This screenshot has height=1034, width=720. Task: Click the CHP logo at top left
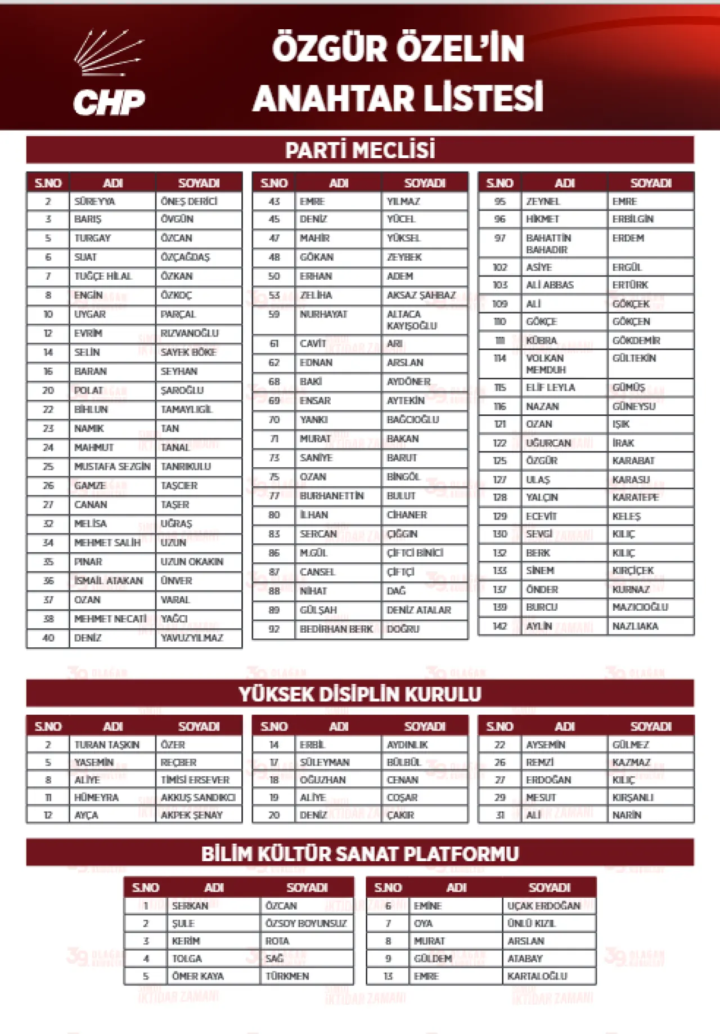tap(110, 73)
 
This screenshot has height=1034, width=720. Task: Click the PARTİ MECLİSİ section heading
tap(360, 150)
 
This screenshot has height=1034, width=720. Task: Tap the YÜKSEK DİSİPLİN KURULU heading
tap(360, 694)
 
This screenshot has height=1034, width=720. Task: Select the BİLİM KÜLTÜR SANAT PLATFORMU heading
tap(360, 854)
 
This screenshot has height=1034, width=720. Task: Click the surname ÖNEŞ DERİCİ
tap(189, 202)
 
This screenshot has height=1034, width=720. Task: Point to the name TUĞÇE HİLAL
tap(103, 276)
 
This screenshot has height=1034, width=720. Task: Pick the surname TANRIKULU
tap(186, 467)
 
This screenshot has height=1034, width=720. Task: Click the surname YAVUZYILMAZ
tap(192, 638)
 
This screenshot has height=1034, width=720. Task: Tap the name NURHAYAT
tap(323, 314)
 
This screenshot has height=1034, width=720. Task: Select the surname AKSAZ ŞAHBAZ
tap(421, 296)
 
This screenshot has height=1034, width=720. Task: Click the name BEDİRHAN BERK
tap(336, 629)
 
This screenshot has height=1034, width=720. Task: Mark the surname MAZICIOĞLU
tap(640, 607)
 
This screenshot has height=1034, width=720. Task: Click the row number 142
tap(499, 626)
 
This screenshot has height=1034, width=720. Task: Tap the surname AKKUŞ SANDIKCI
tap(198, 798)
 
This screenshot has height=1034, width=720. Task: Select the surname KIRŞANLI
tap(633, 798)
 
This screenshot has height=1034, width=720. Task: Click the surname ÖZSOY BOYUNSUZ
tap(306, 924)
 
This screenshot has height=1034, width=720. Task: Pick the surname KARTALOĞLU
tap(537, 976)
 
